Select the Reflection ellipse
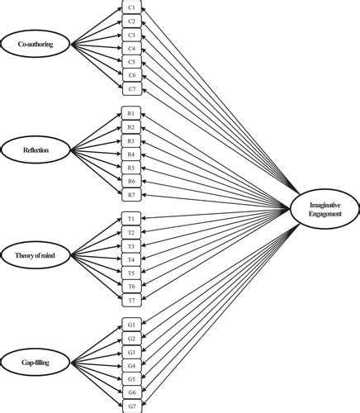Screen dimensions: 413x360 (x=36, y=150)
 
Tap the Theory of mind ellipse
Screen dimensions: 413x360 (x=36, y=257)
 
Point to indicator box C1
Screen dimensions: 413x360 (x=131, y=7)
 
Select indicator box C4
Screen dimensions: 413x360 (x=131, y=48)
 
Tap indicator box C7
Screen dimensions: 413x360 (x=131, y=88)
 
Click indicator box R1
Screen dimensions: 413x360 (x=131, y=112)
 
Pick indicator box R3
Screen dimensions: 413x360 (x=131, y=140)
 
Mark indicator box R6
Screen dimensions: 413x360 (x=131, y=181)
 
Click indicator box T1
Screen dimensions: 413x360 (x=131, y=219)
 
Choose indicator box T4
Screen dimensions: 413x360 (x=131, y=259)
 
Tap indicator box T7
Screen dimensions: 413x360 (x=131, y=300)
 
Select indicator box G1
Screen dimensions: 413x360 (x=131, y=325)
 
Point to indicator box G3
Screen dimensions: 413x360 (x=131, y=352)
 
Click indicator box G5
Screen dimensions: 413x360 (x=131, y=379)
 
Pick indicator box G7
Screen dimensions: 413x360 (x=131, y=406)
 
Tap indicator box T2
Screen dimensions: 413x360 (x=131, y=232)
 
